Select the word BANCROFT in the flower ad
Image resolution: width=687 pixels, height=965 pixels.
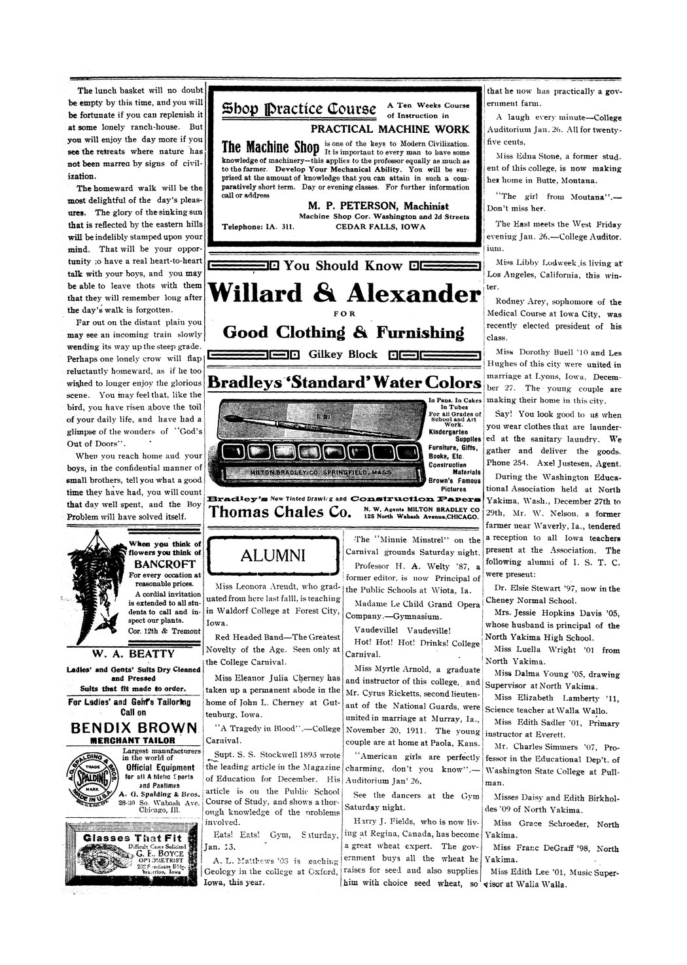pyautogui.click(x=164, y=563)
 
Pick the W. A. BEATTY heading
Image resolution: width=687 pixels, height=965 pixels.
pyautogui.click(x=133, y=654)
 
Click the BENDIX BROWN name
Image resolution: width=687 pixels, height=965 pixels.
pyautogui.click(x=133, y=728)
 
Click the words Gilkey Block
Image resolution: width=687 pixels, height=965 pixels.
pyautogui.click(x=343, y=355)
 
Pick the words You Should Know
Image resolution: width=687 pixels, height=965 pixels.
pyautogui.click(x=343, y=266)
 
